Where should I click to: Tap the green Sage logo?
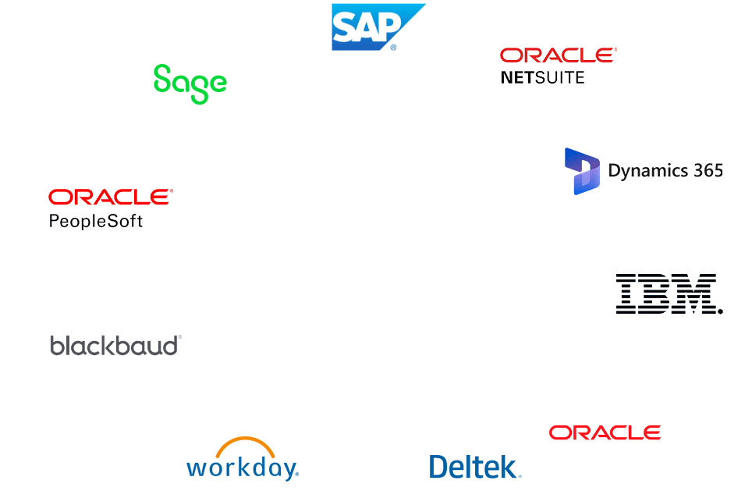click(190, 83)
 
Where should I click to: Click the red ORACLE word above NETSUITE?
click(557, 55)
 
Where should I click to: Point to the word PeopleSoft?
click(95, 221)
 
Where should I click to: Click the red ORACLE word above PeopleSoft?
click(110, 197)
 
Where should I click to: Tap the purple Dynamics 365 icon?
click(582, 170)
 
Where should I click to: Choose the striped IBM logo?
click(669, 293)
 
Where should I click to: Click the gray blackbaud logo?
click(115, 345)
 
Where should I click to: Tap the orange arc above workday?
click(245, 446)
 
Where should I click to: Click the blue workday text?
click(242, 468)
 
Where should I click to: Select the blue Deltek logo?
click(474, 467)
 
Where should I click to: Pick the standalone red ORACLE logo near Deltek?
click(605, 432)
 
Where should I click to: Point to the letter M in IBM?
click(695, 293)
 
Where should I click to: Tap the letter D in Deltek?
click(440, 467)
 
